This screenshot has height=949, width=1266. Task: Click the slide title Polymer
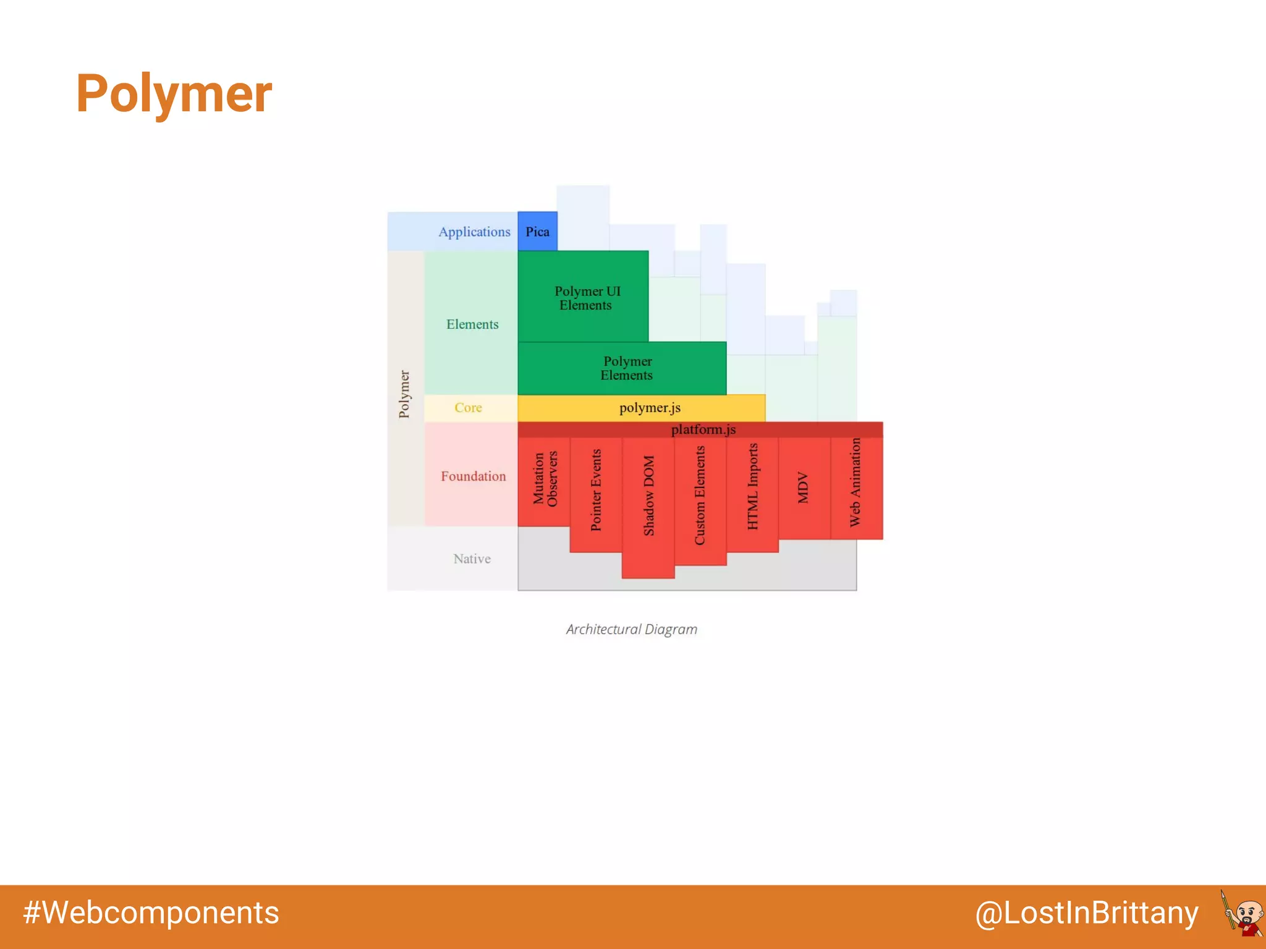(x=174, y=94)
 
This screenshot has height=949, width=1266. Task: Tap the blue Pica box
(x=537, y=232)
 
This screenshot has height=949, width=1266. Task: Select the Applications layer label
(x=474, y=232)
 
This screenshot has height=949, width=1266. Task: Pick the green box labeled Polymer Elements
(x=626, y=368)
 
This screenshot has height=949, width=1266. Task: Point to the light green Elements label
(x=472, y=324)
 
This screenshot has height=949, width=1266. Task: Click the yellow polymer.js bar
(x=649, y=408)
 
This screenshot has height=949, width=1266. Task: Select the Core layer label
(x=468, y=408)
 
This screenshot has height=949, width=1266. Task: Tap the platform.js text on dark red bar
(x=703, y=429)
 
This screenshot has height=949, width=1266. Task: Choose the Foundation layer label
(x=473, y=476)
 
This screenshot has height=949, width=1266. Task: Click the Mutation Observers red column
(x=545, y=479)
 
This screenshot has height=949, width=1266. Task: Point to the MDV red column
(x=803, y=487)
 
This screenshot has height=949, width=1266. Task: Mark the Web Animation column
(x=855, y=483)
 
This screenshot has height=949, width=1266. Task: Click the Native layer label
(x=472, y=559)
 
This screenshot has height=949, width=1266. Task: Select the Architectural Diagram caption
(x=631, y=629)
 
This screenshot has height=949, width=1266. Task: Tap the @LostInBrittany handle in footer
(x=1086, y=913)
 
